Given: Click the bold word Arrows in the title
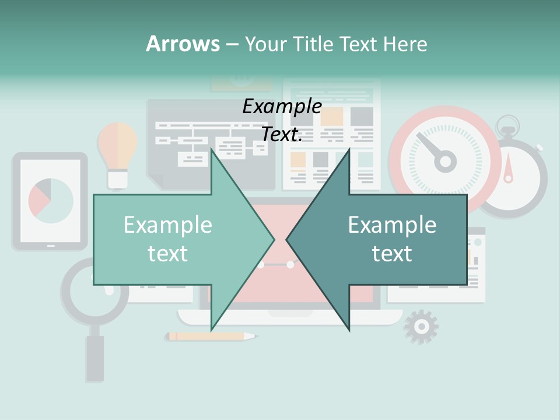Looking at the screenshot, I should (x=183, y=44).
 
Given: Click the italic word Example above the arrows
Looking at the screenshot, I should (x=282, y=107).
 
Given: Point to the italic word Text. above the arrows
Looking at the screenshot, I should (x=282, y=135).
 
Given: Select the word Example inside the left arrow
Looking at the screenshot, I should (x=168, y=225).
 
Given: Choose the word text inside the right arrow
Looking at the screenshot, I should (x=392, y=254).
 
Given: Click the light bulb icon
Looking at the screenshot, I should (x=117, y=149).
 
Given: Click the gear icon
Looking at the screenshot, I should (x=421, y=327).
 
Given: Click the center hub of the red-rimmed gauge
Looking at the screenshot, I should (x=446, y=161).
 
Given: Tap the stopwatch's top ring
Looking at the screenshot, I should (x=508, y=124).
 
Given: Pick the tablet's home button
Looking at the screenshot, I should (x=51, y=246).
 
